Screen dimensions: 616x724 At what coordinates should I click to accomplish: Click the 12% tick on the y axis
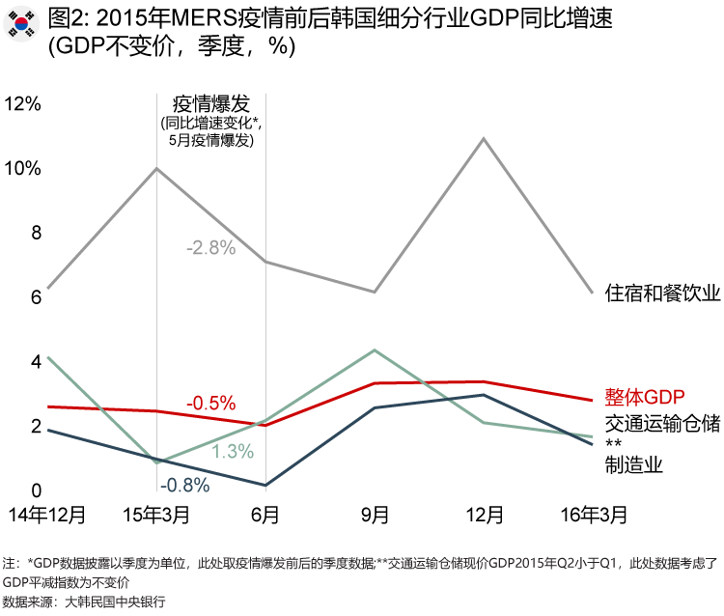24,103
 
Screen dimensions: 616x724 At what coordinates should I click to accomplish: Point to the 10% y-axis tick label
24,168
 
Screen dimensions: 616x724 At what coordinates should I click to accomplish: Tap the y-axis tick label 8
37,233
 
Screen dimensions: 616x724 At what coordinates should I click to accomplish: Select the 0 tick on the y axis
37,491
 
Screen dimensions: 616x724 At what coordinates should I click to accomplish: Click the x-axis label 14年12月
48,514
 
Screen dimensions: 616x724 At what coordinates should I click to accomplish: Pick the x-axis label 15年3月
157,514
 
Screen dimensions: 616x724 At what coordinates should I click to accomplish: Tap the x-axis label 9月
375,514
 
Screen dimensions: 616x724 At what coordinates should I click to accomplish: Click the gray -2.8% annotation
210,247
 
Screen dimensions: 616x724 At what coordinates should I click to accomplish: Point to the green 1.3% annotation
233,451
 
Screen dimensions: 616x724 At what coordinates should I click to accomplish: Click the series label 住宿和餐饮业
662,293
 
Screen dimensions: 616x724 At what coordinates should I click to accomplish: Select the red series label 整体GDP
644,397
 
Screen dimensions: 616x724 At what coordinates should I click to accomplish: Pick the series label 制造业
633,465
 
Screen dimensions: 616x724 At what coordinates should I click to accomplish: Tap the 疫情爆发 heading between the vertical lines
210,103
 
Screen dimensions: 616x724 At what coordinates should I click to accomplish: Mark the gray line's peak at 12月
483,138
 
